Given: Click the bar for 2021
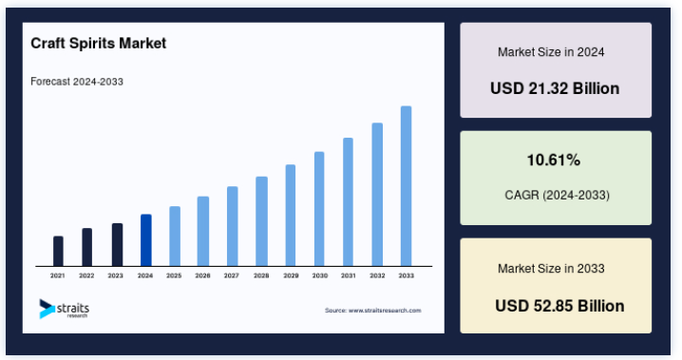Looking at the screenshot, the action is tap(58, 251).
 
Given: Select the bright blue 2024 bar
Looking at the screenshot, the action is tap(146, 240).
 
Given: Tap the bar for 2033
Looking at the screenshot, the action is tap(406, 185).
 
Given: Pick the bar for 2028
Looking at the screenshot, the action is tap(261, 221).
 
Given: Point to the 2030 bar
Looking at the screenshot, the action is tap(319, 209).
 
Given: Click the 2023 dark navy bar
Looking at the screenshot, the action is tap(117, 245).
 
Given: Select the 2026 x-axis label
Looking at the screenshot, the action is tap(202, 275).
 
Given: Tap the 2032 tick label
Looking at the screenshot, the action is tap(377, 275).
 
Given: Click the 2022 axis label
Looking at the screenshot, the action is tap(86, 275).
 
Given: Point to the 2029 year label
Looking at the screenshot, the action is tap(291, 275).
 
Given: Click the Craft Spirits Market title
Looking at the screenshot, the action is tap(98, 43).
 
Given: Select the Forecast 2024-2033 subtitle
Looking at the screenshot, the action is tap(77, 82).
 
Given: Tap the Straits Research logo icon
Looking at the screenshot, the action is tap(47, 309).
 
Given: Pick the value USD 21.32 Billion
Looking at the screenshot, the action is tap(555, 88).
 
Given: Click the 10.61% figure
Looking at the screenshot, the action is tap(554, 160).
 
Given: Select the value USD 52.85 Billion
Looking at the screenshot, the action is tap(559, 306).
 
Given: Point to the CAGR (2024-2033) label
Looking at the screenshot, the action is tap(558, 195).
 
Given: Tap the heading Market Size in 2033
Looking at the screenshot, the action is tap(551, 268).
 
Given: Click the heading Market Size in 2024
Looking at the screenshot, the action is tap(551, 52).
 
